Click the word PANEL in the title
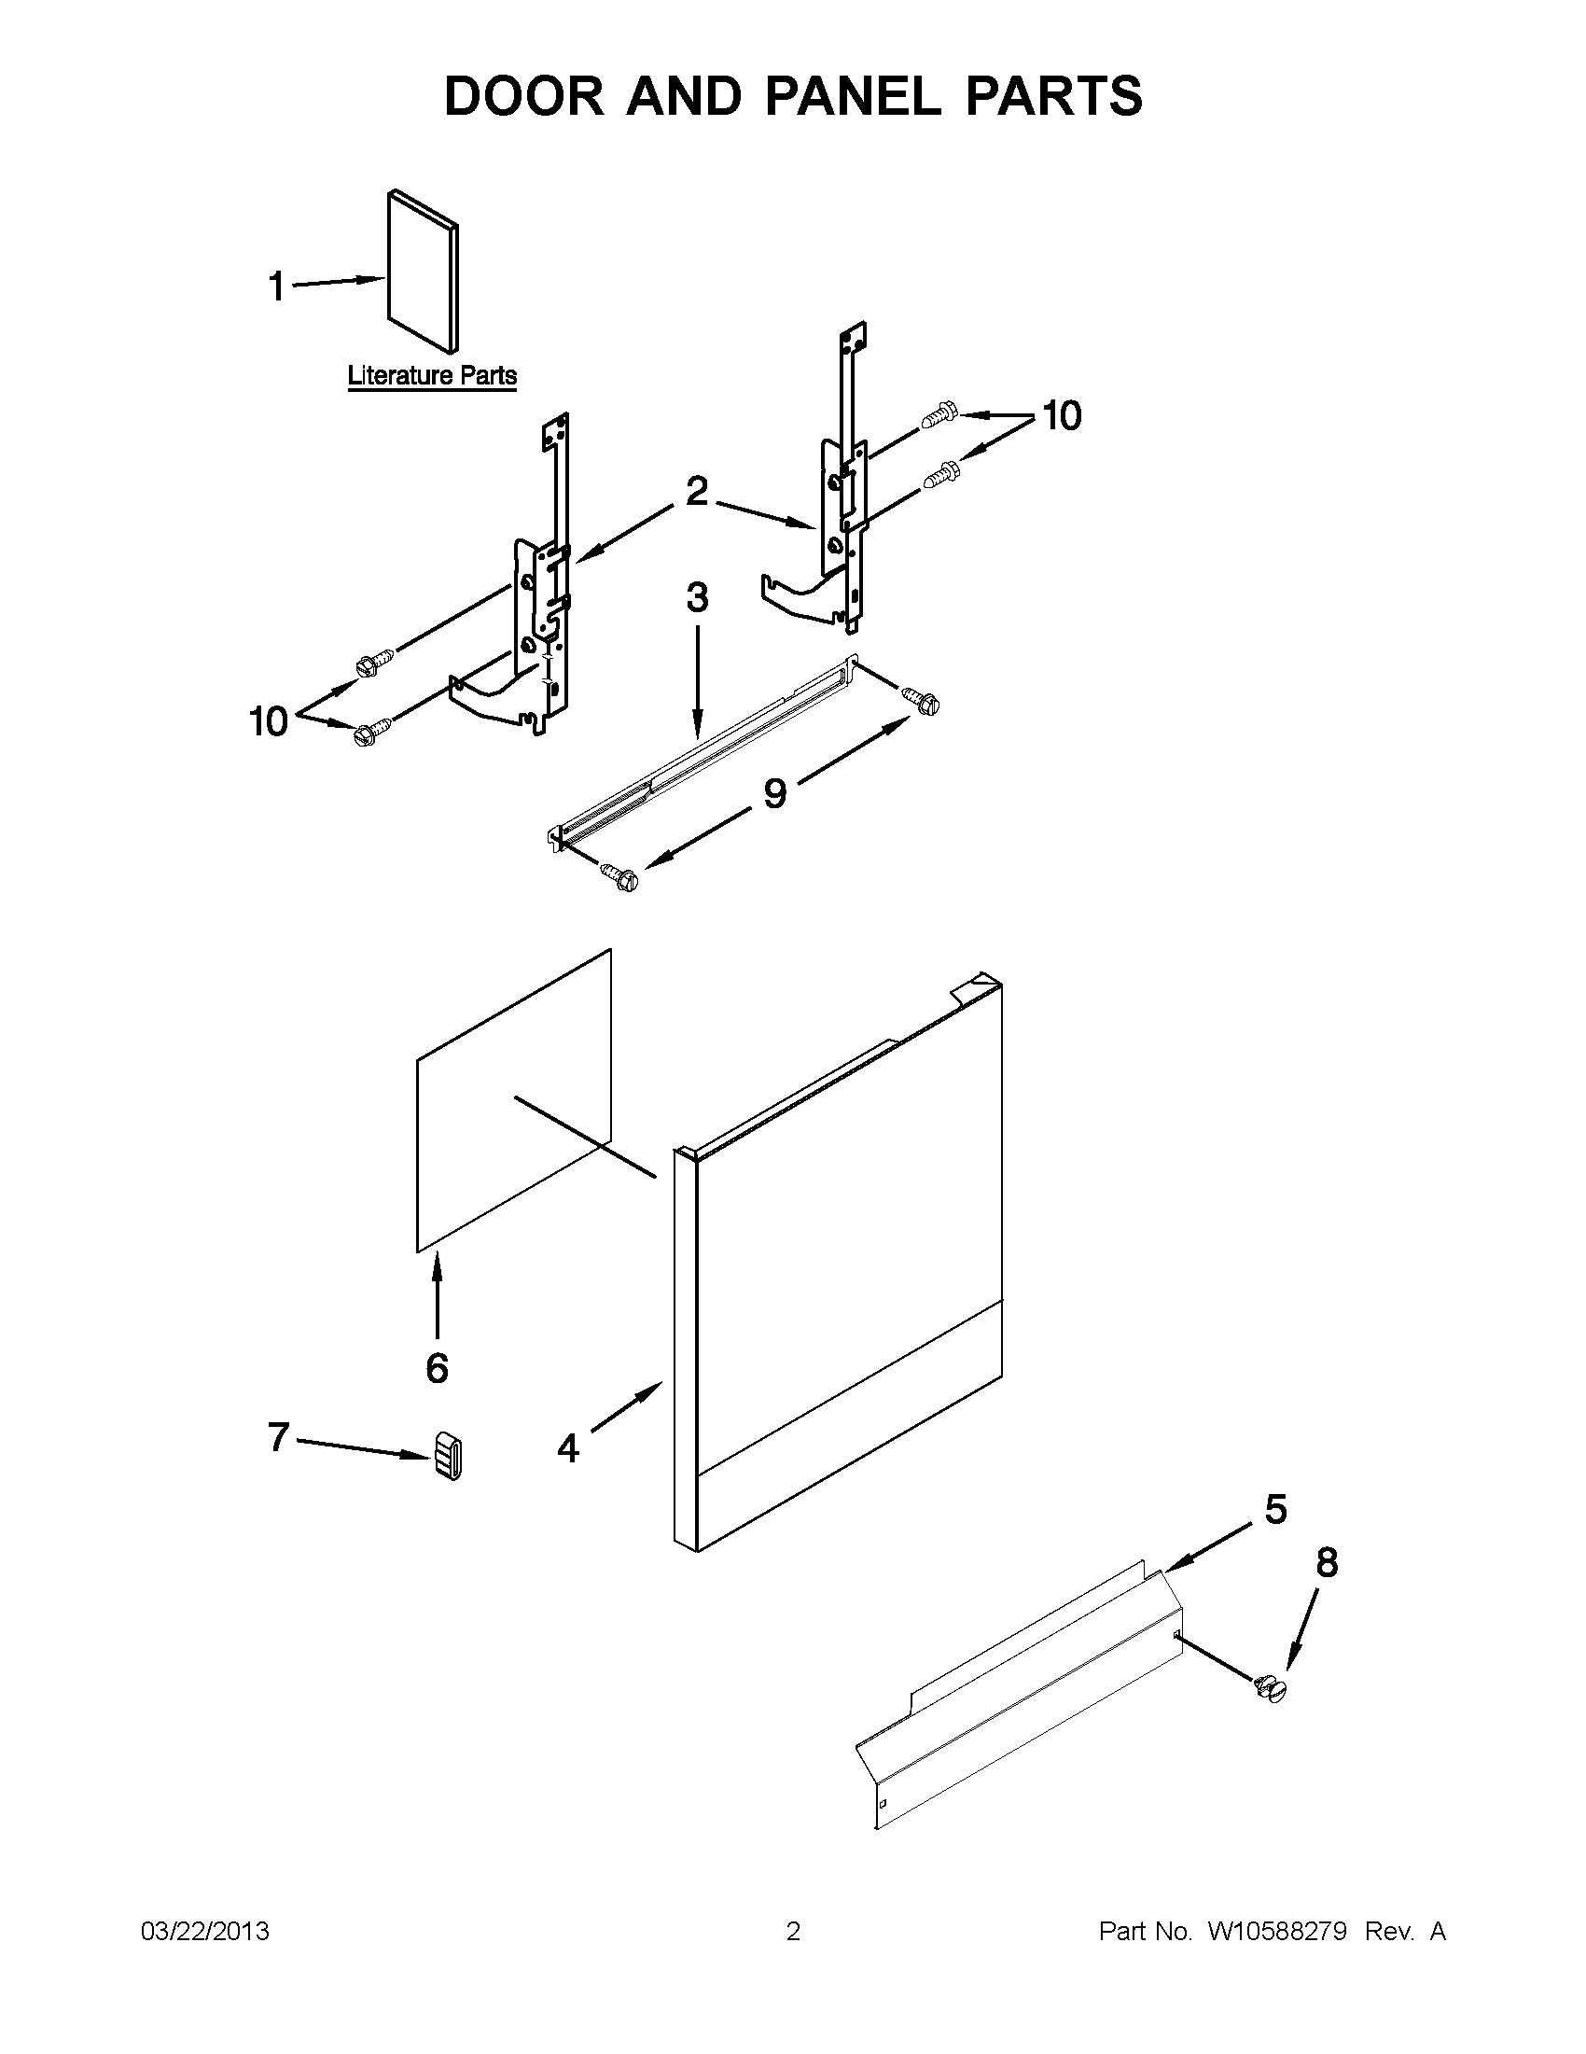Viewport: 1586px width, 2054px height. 852,96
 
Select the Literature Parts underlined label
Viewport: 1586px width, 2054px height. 432,376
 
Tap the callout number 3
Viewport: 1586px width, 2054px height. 697,598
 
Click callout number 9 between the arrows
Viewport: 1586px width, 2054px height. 773,794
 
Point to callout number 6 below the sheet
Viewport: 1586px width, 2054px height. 438,1367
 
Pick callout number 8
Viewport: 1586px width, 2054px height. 1327,1562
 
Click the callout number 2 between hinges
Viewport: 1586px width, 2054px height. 696,491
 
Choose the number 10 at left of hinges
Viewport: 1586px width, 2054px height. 268,722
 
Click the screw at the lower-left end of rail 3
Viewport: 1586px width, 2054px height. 620,877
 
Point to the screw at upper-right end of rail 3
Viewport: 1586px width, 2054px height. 923,700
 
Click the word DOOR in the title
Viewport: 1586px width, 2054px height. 524,96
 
